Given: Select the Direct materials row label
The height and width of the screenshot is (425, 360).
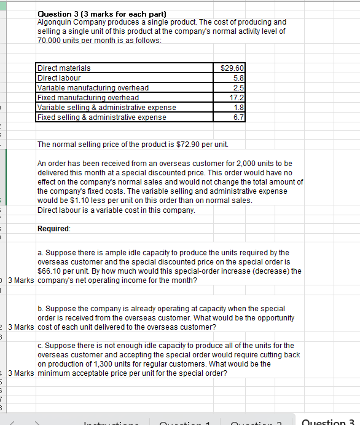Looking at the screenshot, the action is tap(64, 68).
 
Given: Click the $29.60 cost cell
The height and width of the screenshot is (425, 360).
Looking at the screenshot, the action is tap(233, 68).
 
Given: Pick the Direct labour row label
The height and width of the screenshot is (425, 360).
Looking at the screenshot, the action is tap(59, 78).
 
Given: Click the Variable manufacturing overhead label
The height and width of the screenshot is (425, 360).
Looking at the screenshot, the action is tap(93, 88).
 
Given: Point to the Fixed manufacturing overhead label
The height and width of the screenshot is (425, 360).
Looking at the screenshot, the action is tap(88, 98).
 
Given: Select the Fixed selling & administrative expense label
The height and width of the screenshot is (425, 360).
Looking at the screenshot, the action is tap(101, 117).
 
